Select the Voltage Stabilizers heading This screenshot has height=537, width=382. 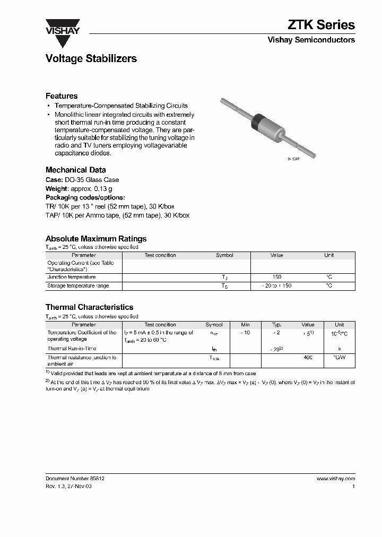pos(91,59)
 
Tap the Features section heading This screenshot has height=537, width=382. pos(62,96)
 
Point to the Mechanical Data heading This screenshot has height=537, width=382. pos(73,170)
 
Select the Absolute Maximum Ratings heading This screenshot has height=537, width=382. pos(96,239)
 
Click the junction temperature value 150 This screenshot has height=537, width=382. pos(276,277)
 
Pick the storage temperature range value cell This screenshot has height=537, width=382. pos(276,285)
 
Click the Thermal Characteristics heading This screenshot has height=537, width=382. pos(89,307)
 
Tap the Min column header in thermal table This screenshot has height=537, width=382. pos(245,325)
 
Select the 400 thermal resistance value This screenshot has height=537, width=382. pos(308,358)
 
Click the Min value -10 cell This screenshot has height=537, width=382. pos(245,333)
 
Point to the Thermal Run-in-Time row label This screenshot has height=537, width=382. pos(72,349)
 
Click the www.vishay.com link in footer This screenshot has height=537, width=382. pos(335,478)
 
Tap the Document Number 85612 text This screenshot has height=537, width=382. pos(75,478)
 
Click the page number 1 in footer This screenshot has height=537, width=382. pos(353,486)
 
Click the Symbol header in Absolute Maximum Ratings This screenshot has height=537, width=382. pos(224,255)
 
